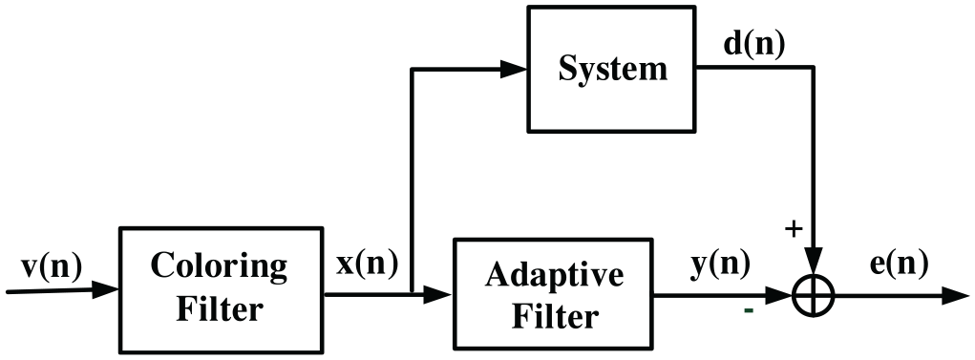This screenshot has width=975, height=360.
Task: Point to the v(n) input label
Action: point(51,268)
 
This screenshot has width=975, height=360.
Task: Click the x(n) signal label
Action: point(367,265)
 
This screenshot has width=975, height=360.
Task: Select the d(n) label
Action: point(754,44)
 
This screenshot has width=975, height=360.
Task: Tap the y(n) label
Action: point(719,265)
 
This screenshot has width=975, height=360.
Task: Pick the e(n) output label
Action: point(899,265)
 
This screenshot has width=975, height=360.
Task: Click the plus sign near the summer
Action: point(793,229)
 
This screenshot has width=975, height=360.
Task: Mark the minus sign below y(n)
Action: point(749,309)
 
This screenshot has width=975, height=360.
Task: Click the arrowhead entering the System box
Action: point(514,69)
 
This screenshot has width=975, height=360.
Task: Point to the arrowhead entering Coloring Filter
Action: point(105,289)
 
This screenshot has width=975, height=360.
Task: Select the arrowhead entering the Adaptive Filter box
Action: point(437,295)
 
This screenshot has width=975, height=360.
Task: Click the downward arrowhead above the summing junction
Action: point(814,261)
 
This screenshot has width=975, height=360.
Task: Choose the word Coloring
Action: point(219,266)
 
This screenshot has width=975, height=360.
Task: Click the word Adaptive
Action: point(555,275)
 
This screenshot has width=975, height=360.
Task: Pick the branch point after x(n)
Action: point(412,294)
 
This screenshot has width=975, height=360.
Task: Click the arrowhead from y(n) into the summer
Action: point(779,295)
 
